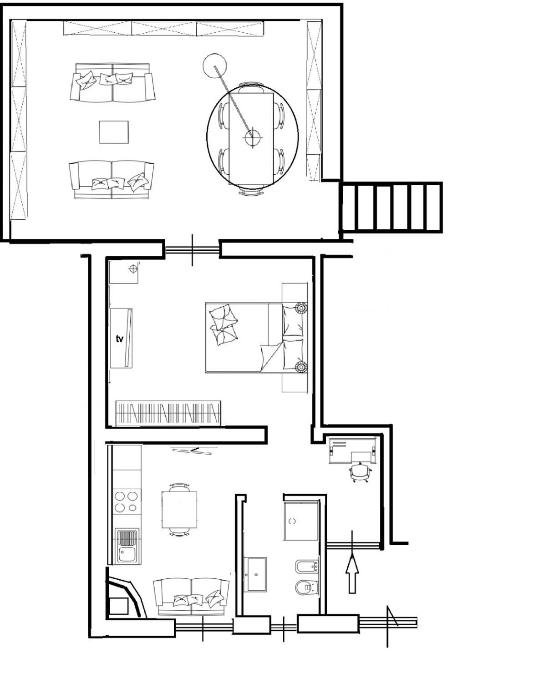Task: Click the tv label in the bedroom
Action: coord(119,339)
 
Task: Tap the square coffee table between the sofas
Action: coord(114,132)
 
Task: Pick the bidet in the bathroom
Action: coord(307,567)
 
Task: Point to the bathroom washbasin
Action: coord(255,574)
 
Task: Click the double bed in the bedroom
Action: coord(256,338)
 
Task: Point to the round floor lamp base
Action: coord(215,65)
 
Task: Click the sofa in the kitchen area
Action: coord(191,598)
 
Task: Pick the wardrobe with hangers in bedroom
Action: coord(168,413)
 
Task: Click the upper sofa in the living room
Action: coord(112,83)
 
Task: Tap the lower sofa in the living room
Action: coord(112,180)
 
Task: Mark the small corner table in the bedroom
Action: coord(123,272)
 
